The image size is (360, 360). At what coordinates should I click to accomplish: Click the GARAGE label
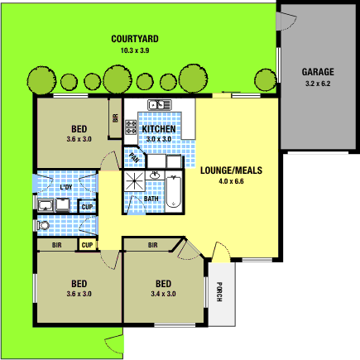pos(317,72)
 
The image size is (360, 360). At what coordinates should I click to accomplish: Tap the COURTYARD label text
pos(135,39)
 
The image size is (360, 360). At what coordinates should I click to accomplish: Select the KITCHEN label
pos(158,130)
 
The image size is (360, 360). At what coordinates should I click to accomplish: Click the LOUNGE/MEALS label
pos(231,170)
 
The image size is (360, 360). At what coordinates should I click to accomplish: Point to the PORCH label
pos(219,292)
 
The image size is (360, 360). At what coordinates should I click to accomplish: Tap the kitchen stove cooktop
pos(131,127)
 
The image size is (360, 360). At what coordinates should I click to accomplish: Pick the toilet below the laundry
pos(43,224)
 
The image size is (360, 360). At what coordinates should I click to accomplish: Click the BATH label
pos(151,199)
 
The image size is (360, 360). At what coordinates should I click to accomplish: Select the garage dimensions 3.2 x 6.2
pos(317,84)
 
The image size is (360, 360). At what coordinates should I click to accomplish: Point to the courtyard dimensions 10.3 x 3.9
pos(135,50)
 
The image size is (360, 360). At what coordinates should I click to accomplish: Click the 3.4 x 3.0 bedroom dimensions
pos(163,293)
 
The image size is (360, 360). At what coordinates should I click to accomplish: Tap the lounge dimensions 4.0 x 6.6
pos(231,181)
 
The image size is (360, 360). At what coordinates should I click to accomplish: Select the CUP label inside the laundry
pos(87,206)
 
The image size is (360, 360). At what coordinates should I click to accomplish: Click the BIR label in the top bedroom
pos(114,118)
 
